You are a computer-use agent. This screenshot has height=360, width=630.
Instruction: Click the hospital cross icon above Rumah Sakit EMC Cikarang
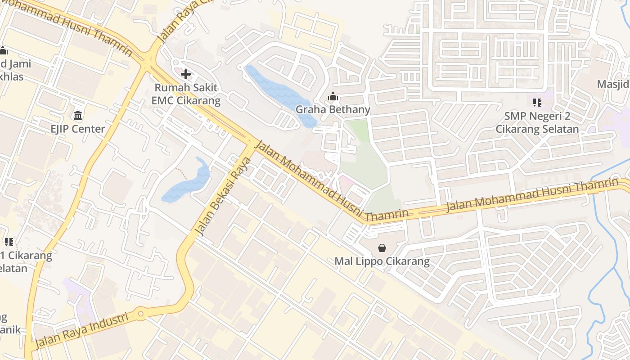click(186, 74)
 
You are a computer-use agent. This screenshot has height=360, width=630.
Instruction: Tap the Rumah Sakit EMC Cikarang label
click(186, 94)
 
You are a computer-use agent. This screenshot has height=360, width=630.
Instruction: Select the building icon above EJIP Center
click(78, 115)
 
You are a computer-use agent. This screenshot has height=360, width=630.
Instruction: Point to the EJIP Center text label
click(78, 129)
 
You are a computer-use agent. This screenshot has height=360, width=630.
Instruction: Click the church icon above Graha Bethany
click(333, 96)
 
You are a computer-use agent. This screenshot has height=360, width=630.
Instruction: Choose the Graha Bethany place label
click(333, 109)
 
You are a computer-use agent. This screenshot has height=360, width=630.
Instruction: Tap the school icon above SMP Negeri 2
click(537, 103)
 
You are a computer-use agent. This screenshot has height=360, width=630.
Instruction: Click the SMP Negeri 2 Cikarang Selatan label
click(537, 123)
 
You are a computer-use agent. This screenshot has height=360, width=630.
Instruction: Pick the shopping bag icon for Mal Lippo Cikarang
click(382, 248)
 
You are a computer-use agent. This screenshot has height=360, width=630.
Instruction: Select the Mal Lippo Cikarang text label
click(382, 261)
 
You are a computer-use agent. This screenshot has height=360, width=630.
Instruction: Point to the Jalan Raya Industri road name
click(81, 330)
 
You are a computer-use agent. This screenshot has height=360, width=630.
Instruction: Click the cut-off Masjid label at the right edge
click(613, 84)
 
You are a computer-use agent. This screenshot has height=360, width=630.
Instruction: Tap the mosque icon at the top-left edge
click(3, 50)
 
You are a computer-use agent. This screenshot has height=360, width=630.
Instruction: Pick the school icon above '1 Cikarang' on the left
click(9, 242)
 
